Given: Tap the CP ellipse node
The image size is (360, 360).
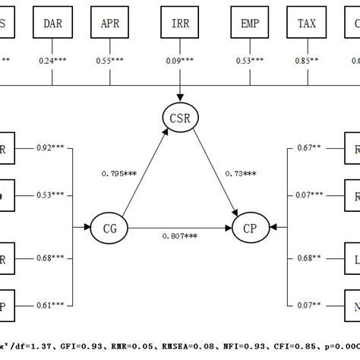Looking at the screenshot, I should [250, 226].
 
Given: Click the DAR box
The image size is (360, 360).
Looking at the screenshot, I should [53, 24].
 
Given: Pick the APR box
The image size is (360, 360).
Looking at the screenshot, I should [111, 24].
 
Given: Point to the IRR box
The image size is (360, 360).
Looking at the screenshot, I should [181, 24].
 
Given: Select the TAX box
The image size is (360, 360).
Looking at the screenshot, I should [307, 24].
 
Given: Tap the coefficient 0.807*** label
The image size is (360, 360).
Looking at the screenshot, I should [179, 236].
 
